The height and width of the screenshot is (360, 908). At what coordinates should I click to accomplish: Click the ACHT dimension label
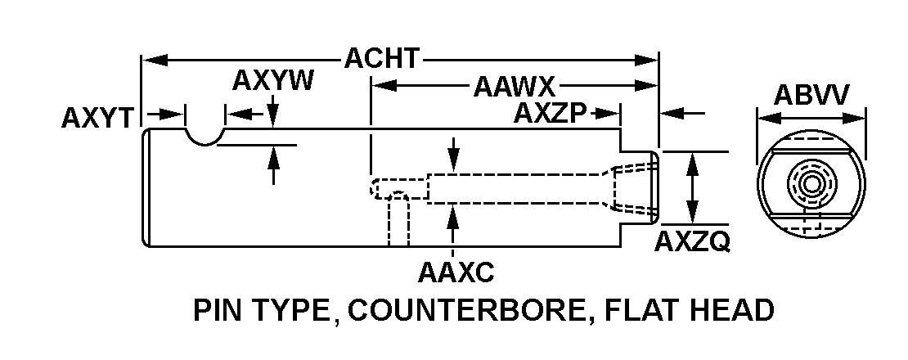[382, 59]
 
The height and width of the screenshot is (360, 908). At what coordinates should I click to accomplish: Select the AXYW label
[272, 82]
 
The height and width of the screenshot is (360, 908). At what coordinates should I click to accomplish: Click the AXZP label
[551, 114]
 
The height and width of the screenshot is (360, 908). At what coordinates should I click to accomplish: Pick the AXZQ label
[693, 242]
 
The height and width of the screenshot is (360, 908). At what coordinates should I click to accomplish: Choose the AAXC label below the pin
[456, 271]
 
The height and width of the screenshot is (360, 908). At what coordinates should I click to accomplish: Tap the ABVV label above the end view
[811, 95]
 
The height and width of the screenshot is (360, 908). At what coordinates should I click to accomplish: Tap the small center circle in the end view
[811, 183]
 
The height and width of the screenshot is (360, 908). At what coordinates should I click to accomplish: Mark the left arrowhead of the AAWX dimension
[379, 85]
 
